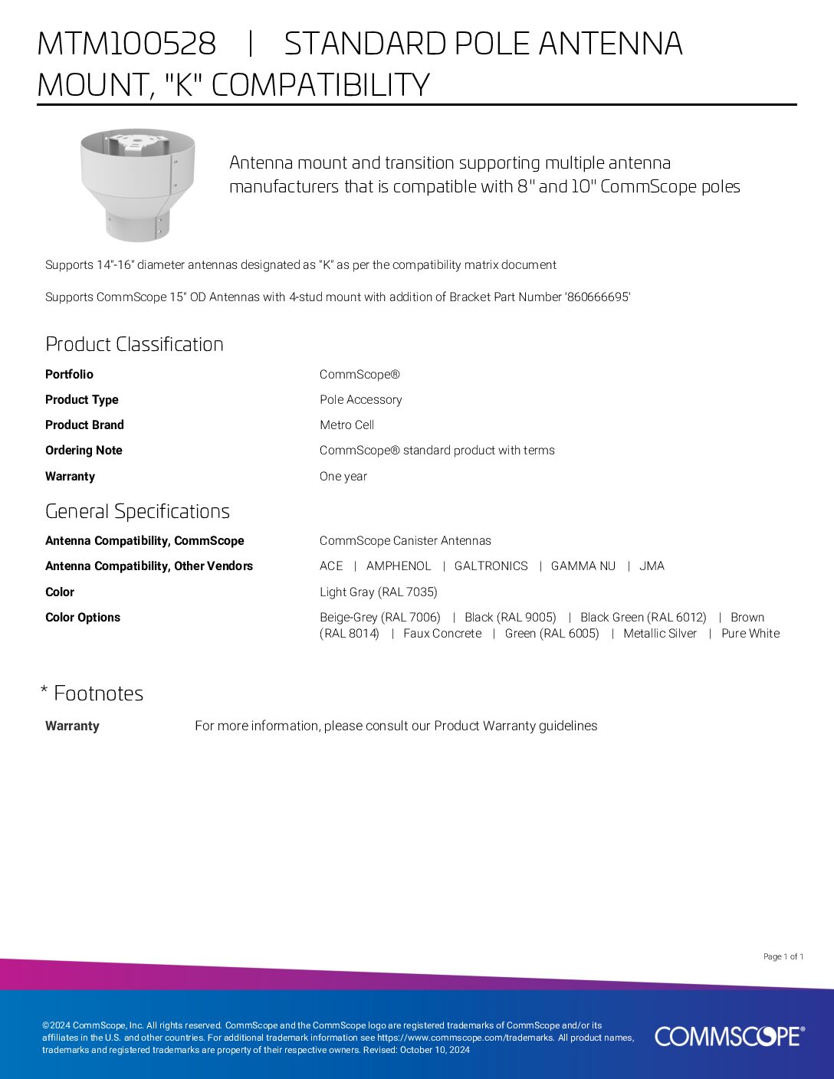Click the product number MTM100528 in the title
point(126,44)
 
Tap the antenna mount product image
point(138,184)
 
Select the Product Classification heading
point(134,344)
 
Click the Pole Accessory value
point(360,399)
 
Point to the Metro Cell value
point(346,425)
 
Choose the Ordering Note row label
point(84,450)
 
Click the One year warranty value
point(343,476)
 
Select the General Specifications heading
point(137,511)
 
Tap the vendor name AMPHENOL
point(399,566)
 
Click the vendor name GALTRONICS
point(491,566)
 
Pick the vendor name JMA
point(652,566)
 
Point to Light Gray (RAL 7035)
point(378,592)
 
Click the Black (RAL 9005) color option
point(510,617)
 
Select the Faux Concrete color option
point(442,633)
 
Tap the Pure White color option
point(750,633)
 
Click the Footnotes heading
point(98,694)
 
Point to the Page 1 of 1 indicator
point(783,956)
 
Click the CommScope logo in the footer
point(729,1036)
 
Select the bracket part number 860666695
point(597,297)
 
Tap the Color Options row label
point(83,617)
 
